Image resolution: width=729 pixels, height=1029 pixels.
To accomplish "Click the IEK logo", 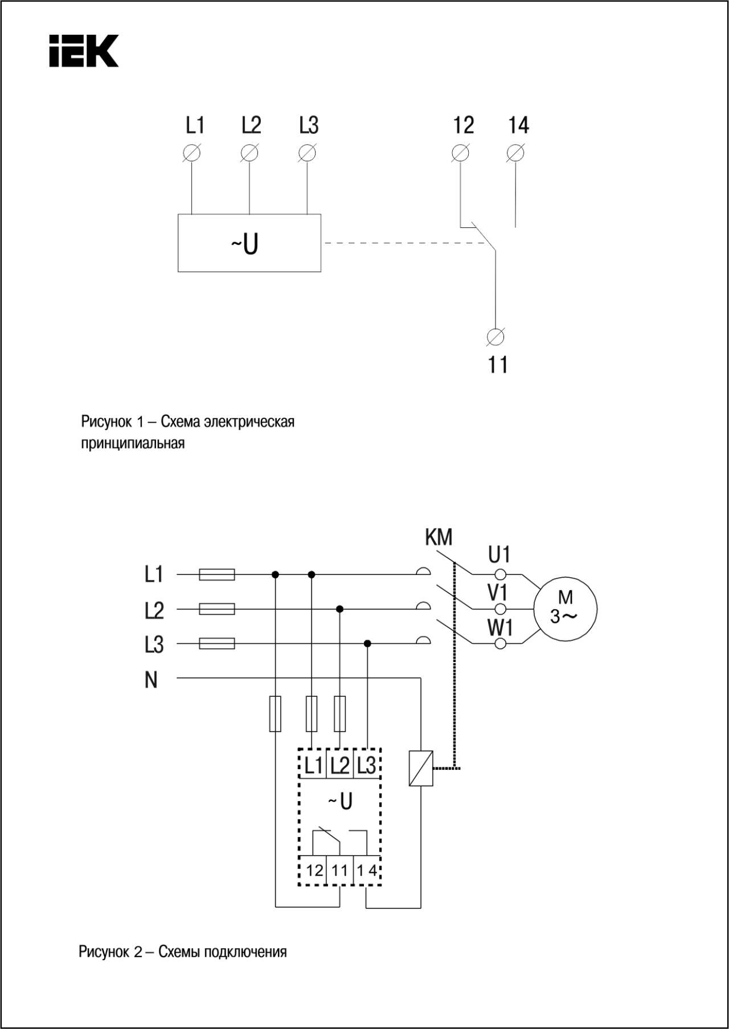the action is click(84, 51).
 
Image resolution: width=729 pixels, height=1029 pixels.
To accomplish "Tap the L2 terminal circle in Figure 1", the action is click(249, 153).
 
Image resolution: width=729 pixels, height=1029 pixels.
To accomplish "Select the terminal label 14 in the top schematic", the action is click(518, 125).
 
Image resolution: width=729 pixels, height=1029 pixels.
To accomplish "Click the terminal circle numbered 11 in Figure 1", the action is click(496, 337).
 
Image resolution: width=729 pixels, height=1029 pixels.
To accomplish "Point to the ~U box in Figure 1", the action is click(249, 243).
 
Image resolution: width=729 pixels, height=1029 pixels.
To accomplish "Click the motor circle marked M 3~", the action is click(565, 609).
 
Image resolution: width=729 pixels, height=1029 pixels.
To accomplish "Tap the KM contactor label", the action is click(439, 537).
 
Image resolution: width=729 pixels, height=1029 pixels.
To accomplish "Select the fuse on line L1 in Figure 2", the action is click(217, 574).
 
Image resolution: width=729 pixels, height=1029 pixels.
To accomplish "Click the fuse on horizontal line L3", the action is click(217, 644).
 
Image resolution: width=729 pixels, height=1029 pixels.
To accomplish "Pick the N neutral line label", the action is click(151, 680).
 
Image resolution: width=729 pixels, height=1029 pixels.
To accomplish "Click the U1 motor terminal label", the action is click(499, 554).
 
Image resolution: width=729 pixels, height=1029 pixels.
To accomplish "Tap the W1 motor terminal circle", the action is click(501, 644).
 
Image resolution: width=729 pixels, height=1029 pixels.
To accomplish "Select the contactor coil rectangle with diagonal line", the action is click(421, 769).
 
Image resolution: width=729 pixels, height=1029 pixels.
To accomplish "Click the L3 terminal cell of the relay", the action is click(367, 764).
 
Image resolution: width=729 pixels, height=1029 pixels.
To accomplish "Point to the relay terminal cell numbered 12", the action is click(314, 871).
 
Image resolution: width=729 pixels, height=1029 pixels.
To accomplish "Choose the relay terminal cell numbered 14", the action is click(367, 871).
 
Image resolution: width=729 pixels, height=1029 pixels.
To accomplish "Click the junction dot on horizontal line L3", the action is click(368, 644).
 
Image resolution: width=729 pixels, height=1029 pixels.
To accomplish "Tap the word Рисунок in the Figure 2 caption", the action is click(105, 952).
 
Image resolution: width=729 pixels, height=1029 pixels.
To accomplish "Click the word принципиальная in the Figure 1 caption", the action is click(133, 443).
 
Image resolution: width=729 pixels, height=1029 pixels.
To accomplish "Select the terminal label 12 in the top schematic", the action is click(463, 125).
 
